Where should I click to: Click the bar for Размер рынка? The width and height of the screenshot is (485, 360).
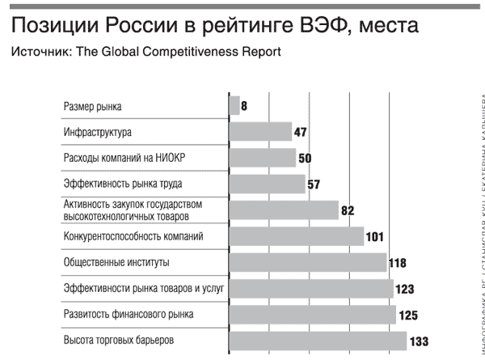coord(234,106)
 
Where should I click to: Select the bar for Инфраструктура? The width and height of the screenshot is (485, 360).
coord(260,132)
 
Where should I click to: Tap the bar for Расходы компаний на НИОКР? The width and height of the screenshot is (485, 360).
coord(263,158)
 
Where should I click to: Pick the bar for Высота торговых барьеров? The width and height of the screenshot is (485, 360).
coord(318,341)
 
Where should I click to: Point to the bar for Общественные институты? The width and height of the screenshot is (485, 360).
coord(308,263)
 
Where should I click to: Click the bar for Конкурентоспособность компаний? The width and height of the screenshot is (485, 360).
coord(297,236)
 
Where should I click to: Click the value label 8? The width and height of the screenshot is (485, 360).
coord(244,107)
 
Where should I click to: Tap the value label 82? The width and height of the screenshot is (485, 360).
coord(348,211)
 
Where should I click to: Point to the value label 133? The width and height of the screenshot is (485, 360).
coord(419,341)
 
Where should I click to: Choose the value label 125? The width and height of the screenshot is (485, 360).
coord(408,315)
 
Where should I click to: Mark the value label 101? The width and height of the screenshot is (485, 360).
coord(377,237)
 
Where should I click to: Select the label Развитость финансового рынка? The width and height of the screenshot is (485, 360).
coord(128,314)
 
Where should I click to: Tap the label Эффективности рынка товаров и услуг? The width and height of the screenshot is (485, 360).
coord(142,288)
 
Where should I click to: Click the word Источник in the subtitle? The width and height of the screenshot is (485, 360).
coord(38,53)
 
